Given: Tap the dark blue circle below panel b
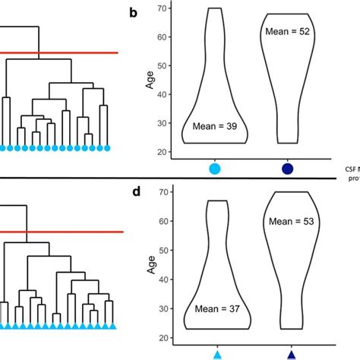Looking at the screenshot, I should point(288,169).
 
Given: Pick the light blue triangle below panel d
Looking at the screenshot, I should point(218,354).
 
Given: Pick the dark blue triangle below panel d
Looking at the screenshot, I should point(291,354).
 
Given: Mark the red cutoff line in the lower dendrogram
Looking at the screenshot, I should point(61,232).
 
